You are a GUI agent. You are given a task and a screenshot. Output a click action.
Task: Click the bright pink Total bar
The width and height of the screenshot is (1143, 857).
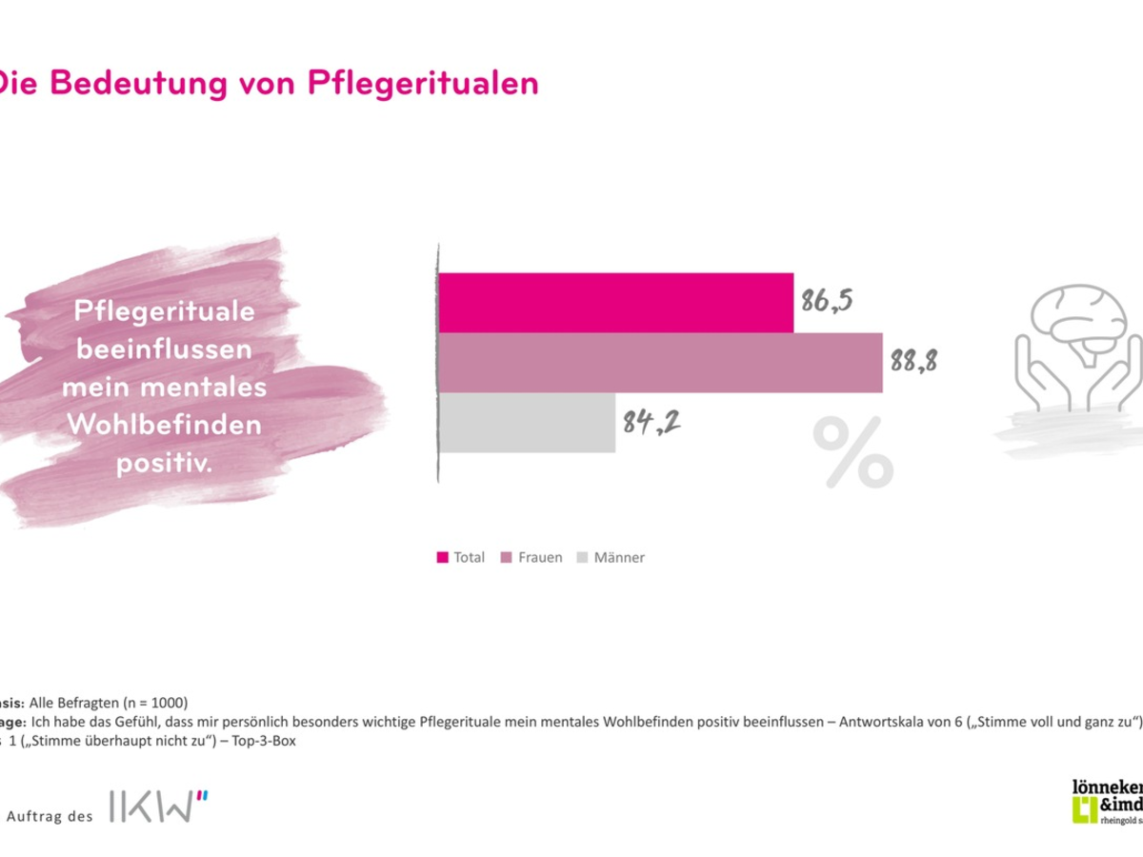coord(615,303)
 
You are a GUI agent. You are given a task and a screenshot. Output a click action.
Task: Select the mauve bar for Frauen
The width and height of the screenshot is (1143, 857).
coord(659,363)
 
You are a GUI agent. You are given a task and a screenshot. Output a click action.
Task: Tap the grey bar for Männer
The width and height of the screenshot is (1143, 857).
coord(527,423)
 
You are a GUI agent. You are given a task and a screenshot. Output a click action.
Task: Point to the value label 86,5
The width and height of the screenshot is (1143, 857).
coord(826,302)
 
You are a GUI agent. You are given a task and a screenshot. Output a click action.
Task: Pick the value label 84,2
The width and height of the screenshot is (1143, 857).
coord(651,422)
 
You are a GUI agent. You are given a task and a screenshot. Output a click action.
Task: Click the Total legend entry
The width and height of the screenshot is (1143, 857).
coord(461,558)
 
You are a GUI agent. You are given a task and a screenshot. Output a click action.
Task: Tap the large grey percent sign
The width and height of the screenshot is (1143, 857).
coord(852,452)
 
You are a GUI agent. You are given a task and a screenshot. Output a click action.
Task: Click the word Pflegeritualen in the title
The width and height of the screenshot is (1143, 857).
coord(424,83)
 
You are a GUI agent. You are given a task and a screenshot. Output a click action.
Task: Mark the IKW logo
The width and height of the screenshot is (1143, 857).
coord(158,806)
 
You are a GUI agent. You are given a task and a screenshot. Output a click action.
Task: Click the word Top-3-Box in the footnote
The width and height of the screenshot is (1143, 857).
coord(266,742)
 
